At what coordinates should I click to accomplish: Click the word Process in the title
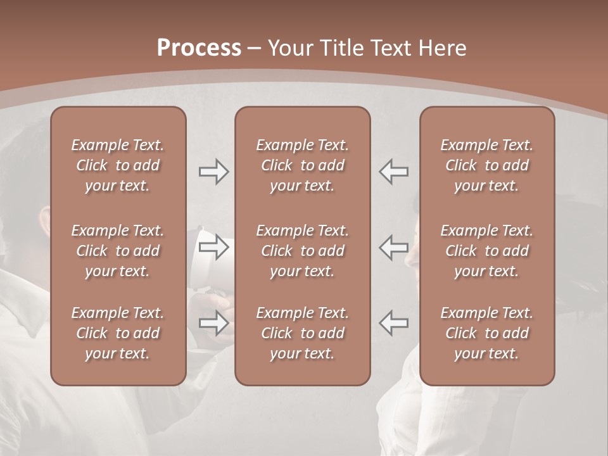[x=199, y=48]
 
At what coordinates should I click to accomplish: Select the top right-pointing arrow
[x=214, y=172]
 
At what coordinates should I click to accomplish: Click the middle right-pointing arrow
[x=214, y=247]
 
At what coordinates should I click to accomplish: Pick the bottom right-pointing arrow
[x=214, y=323]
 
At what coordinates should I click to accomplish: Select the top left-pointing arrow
[x=394, y=172]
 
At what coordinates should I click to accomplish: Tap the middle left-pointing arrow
[x=394, y=247]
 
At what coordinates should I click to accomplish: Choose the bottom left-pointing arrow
[x=394, y=323]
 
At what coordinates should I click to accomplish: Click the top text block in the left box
[x=118, y=165]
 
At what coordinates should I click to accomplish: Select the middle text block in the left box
[x=118, y=251]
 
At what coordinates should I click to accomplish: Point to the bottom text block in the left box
[x=118, y=333]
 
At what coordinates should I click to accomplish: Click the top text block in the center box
[x=302, y=165]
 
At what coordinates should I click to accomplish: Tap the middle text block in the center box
[x=302, y=251]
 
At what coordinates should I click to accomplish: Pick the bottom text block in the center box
[x=302, y=333]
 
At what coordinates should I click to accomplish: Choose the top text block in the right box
[x=486, y=165]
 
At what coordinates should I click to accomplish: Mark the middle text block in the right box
[x=486, y=251]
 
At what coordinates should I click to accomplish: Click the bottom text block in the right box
[x=486, y=333]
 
